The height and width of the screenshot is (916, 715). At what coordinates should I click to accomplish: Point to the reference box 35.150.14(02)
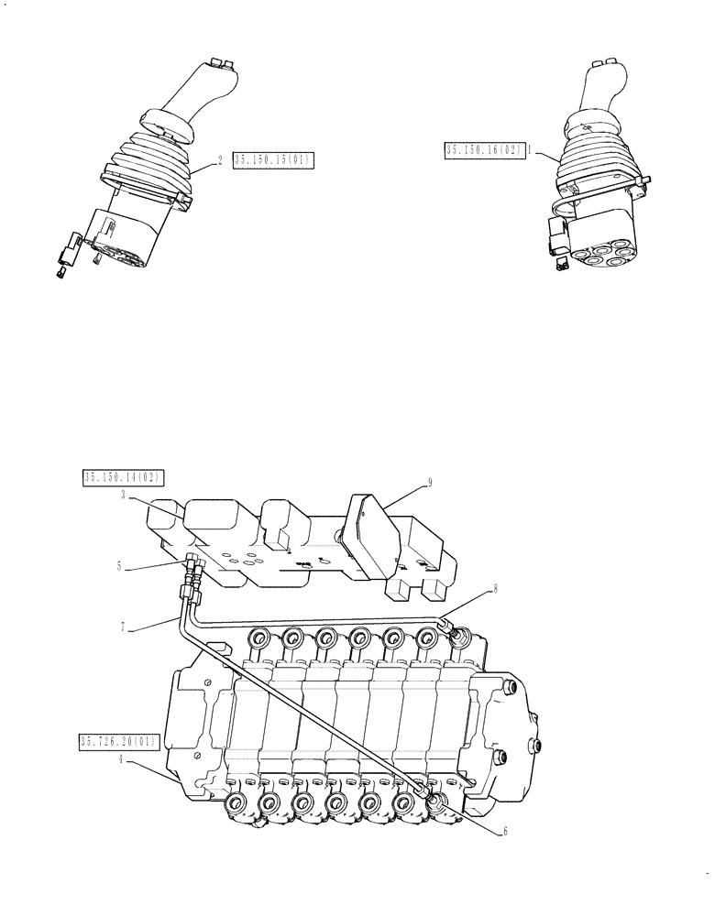[x=122, y=476]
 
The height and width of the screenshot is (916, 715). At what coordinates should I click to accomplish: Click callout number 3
[x=122, y=496]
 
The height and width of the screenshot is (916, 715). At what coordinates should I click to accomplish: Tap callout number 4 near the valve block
[x=122, y=759]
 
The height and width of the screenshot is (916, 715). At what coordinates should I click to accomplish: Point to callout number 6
[x=503, y=833]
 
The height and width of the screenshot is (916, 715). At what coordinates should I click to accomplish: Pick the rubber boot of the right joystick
[x=596, y=160]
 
